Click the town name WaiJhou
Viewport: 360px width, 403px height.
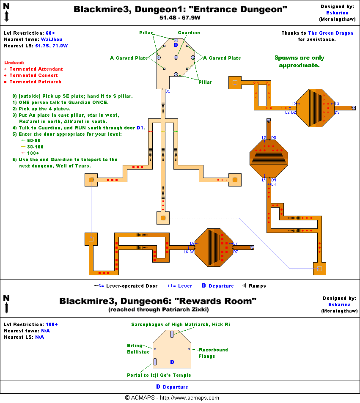52,39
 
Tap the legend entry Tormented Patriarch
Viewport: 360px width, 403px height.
35,82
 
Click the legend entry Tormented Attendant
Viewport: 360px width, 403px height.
36,69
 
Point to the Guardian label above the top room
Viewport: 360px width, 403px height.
189,33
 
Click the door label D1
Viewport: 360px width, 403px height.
168,91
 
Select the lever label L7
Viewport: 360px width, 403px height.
235,243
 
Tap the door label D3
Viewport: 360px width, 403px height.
337,112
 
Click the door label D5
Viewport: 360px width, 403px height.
273,138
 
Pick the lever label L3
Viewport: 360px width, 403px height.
337,104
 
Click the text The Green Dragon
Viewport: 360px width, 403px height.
330,33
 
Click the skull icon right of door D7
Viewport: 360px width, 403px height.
252,247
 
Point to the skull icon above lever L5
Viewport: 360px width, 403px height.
269,121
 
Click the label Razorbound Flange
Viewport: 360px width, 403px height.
213,353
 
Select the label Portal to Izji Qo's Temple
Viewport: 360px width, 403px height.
159,375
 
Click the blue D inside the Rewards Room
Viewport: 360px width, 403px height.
172,362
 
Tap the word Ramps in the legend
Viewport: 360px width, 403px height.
257,286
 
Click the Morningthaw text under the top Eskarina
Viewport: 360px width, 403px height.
336,19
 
